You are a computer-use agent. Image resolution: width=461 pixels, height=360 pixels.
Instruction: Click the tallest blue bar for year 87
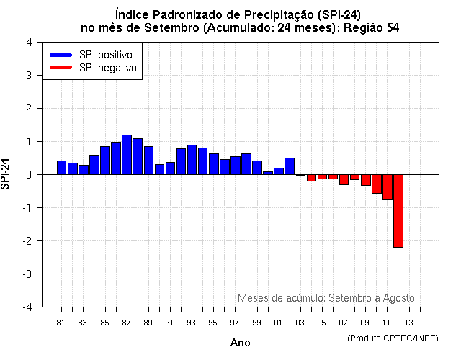point(127,155)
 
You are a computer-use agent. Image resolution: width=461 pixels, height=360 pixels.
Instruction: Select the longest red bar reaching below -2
point(398,211)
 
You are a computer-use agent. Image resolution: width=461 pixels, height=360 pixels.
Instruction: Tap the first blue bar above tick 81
point(61,168)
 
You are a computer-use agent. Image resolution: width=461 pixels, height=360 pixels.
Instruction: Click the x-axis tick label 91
point(170,322)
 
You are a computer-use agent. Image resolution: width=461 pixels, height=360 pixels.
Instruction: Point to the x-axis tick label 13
point(408,322)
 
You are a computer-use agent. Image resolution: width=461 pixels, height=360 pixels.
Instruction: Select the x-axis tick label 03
point(300,322)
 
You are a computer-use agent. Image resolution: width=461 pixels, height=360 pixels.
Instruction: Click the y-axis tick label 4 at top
point(28,42)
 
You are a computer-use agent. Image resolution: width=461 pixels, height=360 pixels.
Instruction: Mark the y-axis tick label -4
point(26,307)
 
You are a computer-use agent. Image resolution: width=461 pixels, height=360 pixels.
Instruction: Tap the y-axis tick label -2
point(26,241)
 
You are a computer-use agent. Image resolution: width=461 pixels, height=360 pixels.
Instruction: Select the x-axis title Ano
point(240,343)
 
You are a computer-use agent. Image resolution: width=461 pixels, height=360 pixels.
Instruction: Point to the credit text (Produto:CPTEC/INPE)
point(392,338)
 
